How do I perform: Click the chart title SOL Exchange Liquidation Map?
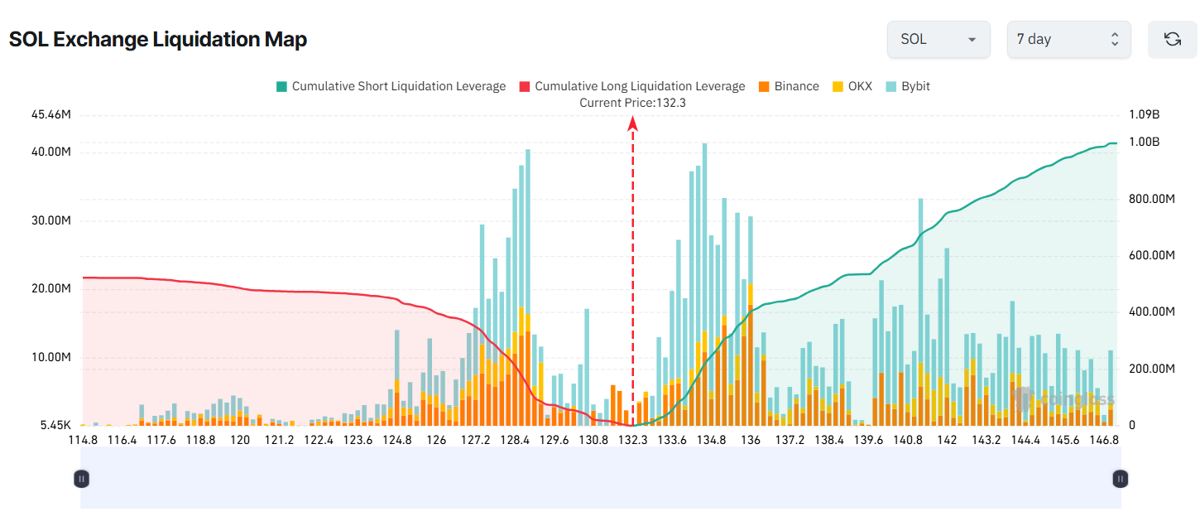158,39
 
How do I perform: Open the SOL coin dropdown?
938,39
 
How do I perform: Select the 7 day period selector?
1068,39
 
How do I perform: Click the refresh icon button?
1172,39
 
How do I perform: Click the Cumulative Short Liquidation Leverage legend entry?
391,86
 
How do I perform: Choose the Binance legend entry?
789,86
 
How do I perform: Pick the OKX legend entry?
852,86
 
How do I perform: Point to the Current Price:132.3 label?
632,103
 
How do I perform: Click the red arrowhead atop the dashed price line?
632,123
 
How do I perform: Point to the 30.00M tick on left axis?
50,220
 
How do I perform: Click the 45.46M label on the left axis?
50,114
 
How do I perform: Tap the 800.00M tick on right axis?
1152,199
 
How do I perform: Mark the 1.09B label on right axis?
1144,114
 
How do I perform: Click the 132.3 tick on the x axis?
633,440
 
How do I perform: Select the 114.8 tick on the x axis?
83,440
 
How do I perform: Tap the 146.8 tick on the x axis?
1103,440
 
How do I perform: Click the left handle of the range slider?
81,478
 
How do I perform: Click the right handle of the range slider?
1120,478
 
